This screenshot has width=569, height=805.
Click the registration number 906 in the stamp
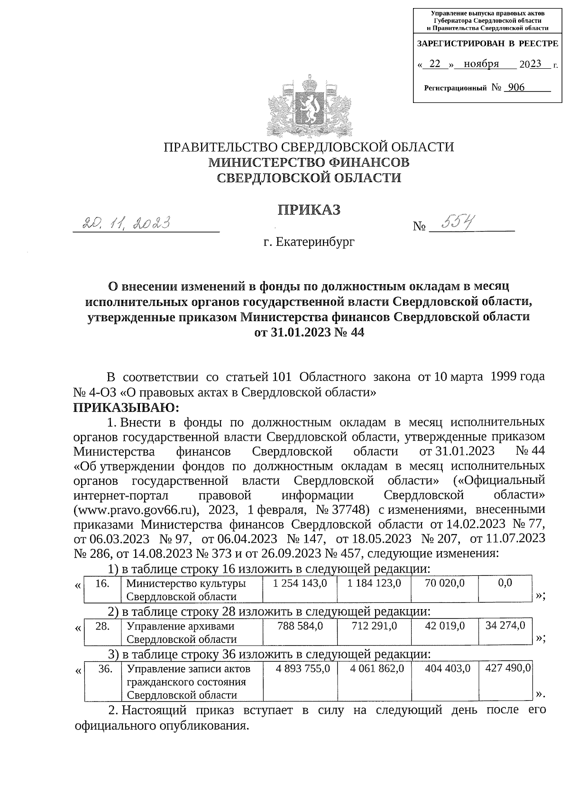pyautogui.click(x=515, y=87)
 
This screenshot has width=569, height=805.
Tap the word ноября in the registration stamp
pyautogui.click(x=482, y=64)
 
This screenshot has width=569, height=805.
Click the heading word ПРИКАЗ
pyautogui.click(x=309, y=210)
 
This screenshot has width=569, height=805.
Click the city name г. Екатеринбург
pyautogui.click(x=309, y=242)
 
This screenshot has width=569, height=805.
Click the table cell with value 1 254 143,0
pyautogui.click(x=300, y=583)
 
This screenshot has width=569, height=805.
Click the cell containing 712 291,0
pyautogui.click(x=374, y=626)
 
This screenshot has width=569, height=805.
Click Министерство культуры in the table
pyautogui.click(x=185, y=583)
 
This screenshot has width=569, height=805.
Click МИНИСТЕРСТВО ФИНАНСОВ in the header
pyautogui.click(x=309, y=162)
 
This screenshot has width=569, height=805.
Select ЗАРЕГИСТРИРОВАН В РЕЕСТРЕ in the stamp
pyautogui.click(x=487, y=44)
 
